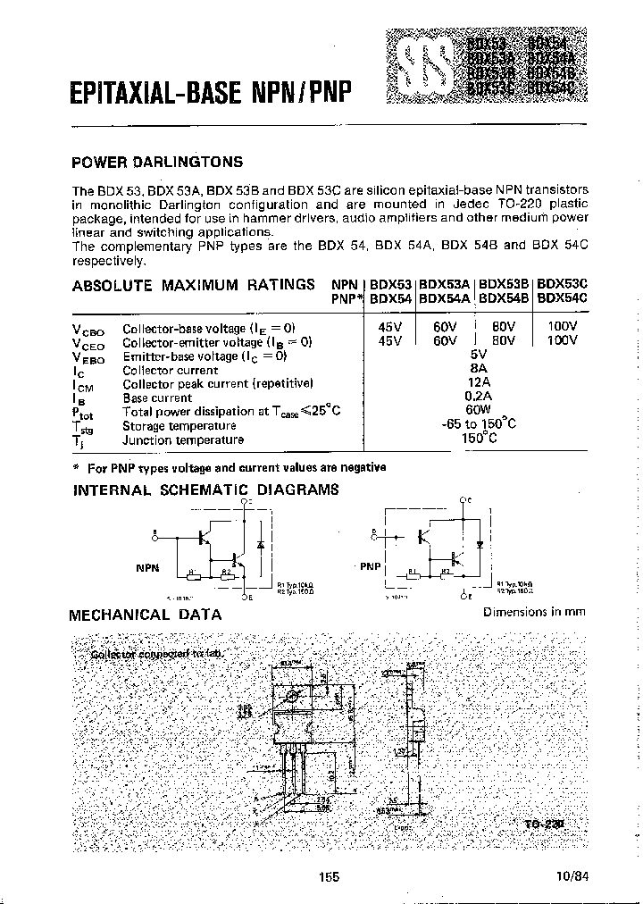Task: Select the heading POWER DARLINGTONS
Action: pyautogui.click(x=156, y=163)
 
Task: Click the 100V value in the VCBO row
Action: pyautogui.click(x=562, y=327)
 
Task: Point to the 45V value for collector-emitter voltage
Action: pyautogui.click(x=390, y=340)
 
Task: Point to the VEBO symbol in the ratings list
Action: pyautogui.click(x=87, y=356)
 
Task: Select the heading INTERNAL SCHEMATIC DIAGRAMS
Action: pyautogui.click(x=205, y=490)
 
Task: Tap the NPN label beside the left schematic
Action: pyautogui.click(x=146, y=566)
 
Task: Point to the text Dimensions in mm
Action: pyautogui.click(x=533, y=612)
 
